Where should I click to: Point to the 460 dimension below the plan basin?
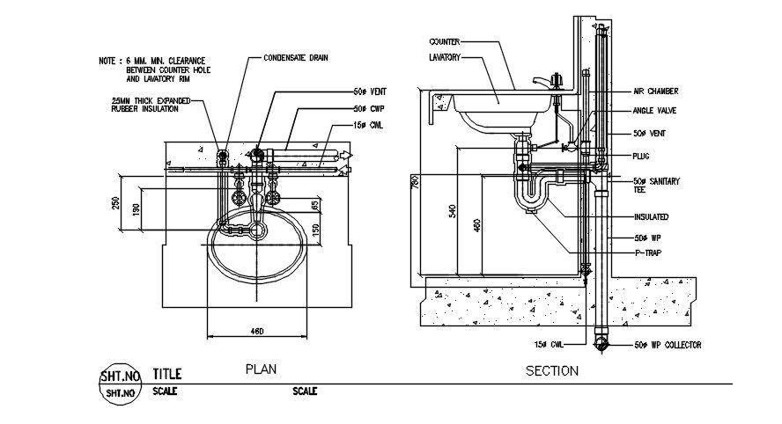(256, 331)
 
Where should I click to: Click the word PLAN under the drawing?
(262, 369)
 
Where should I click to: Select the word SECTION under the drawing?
(551, 370)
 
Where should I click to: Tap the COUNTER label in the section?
(446, 41)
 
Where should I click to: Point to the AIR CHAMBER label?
(656, 91)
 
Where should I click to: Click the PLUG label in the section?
(641, 156)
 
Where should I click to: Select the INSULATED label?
(650, 216)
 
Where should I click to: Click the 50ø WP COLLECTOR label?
(668, 346)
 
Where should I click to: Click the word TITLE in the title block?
(167, 373)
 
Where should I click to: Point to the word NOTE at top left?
(108, 61)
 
